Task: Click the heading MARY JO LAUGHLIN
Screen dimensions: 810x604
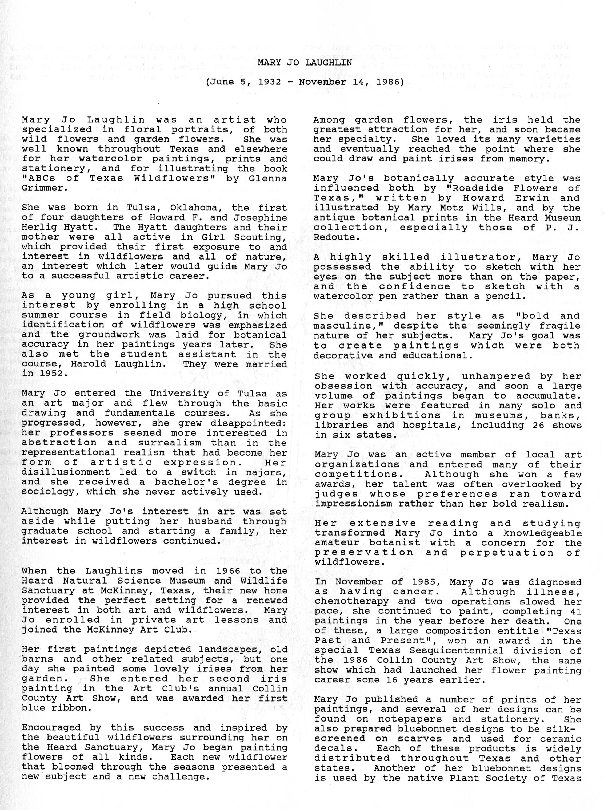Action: click(305, 62)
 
